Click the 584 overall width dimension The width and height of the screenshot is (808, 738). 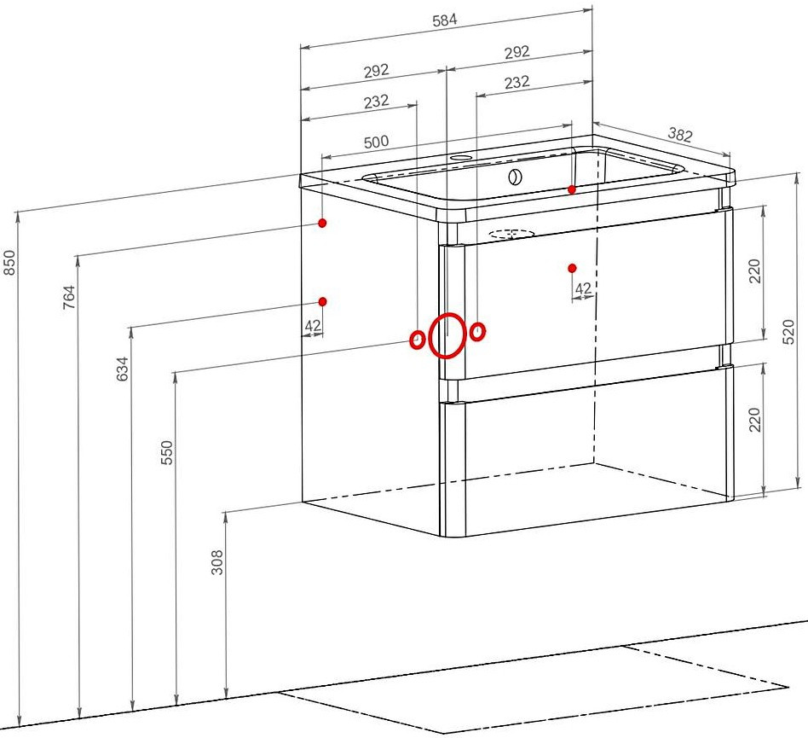tap(445, 20)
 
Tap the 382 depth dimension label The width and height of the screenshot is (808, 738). tap(680, 135)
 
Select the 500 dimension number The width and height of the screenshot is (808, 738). tap(376, 142)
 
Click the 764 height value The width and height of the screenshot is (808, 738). tap(69, 297)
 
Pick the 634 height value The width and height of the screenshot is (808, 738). tap(122, 369)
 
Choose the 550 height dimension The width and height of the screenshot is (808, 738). tap(167, 452)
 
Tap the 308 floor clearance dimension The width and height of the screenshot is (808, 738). tap(217, 562)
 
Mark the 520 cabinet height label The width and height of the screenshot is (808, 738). tap(789, 333)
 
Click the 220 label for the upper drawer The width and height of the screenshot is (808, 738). tap(754, 271)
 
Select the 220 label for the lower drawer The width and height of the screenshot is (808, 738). tap(754, 420)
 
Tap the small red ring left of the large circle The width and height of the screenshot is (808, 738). tap(418, 340)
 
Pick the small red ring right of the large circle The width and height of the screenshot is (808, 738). tap(477, 332)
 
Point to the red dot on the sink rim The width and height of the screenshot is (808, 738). tap(571, 189)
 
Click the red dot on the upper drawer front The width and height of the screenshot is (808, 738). tap(572, 268)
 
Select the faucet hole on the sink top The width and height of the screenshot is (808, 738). tap(460, 157)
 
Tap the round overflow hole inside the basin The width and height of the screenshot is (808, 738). tap(515, 177)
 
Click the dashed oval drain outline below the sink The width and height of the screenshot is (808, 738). tap(511, 234)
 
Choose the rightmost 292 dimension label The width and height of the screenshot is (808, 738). tap(517, 52)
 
